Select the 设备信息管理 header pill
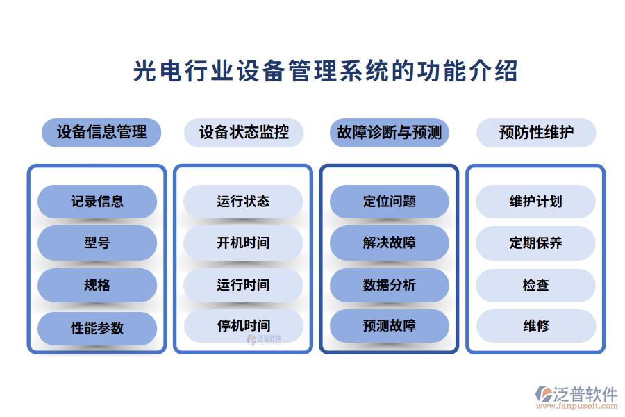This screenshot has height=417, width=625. tap(101, 132)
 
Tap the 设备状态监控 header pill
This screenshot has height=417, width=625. tap(244, 132)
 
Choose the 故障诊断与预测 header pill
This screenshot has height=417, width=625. tap(390, 132)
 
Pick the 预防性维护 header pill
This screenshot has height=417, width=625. tap(536, 132)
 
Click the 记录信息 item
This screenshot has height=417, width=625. tap(97, 202)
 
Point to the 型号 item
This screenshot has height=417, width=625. tap(97, 243)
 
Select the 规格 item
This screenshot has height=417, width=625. tap(97, 285)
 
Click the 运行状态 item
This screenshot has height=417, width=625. tap(243, 202)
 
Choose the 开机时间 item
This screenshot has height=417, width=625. tap(243, 243)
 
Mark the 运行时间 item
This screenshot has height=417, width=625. tap(243, 285)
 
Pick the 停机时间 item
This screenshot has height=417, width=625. tap(243, 325)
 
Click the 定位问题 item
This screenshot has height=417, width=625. tap(390, 202)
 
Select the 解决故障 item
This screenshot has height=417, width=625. tap(390, 243)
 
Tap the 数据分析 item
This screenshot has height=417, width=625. tap(390, 285)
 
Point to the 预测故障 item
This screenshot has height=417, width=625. tap(390, 325)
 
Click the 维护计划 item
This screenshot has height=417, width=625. tap(535, 202)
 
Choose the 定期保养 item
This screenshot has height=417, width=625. tap(535, 243)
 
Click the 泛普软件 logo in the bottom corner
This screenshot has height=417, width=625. tap(576, 396)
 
